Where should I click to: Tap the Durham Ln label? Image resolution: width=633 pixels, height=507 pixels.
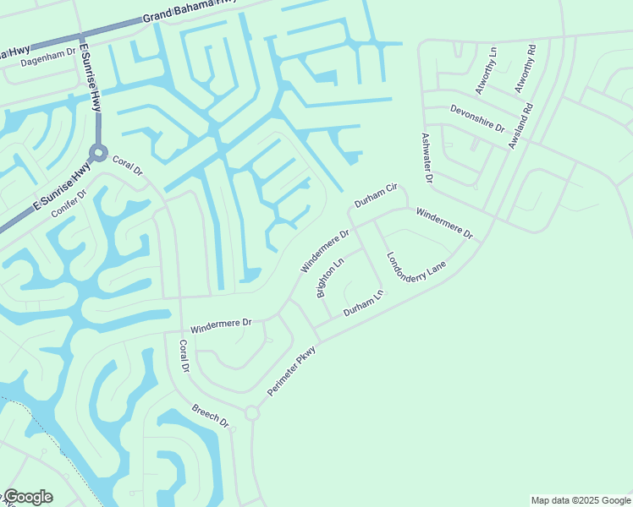(x=363, y=304)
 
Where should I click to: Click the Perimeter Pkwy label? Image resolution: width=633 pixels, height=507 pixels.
(x=291, y=372)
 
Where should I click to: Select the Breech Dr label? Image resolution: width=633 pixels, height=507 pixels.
(x=211, y=414)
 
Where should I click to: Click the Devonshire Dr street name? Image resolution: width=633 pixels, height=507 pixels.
(x=477, y=117)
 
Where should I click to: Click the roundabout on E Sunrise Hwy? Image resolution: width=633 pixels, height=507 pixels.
(x=99, y=154)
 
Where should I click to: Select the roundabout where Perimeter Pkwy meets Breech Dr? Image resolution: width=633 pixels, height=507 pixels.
(x=251, y=413)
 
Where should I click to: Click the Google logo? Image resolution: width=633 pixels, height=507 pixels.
(x=28, y=497)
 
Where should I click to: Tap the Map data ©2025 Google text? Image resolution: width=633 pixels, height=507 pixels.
(x=581, y=500)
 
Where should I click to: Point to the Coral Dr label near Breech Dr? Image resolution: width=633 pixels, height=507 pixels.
(x=184, y=357)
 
